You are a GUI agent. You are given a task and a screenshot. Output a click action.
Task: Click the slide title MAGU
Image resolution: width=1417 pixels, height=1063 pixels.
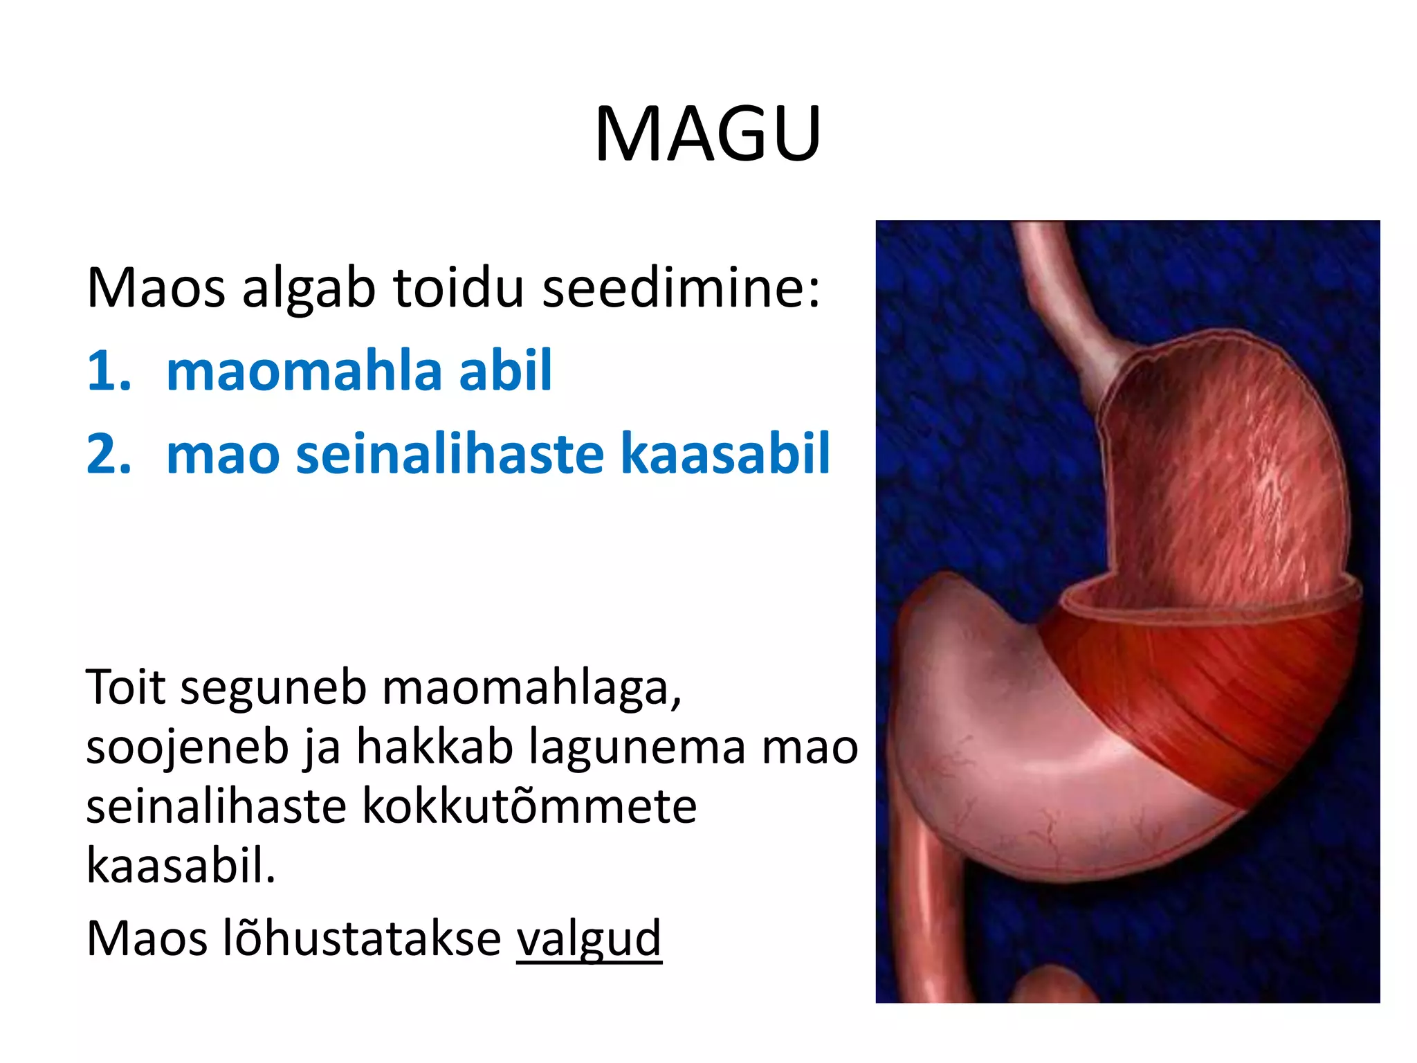[708, 134]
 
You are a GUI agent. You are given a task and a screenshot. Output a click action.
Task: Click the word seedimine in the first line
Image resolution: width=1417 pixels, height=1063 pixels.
[681, 287]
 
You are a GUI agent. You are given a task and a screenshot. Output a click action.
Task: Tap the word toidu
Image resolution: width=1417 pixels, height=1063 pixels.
[459, 287]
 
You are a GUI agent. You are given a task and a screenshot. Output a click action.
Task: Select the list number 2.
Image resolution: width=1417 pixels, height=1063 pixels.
[109, 455]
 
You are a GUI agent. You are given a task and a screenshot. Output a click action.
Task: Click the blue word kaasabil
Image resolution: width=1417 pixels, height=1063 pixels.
[724, 455]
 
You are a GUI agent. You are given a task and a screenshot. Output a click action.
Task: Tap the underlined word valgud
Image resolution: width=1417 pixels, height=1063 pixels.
[589, 938]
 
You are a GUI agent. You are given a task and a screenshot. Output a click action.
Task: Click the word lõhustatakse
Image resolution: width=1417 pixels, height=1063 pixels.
[362, 938]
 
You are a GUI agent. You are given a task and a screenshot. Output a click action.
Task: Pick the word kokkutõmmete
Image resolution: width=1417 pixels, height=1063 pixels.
[529, 807]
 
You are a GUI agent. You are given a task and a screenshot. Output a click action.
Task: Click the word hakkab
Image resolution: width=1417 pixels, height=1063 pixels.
[435, 747]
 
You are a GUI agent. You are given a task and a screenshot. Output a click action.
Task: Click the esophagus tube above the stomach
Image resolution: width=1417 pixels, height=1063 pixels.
[1059, 291]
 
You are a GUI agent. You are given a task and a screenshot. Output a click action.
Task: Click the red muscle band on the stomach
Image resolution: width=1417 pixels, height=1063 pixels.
[1204, 685]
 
